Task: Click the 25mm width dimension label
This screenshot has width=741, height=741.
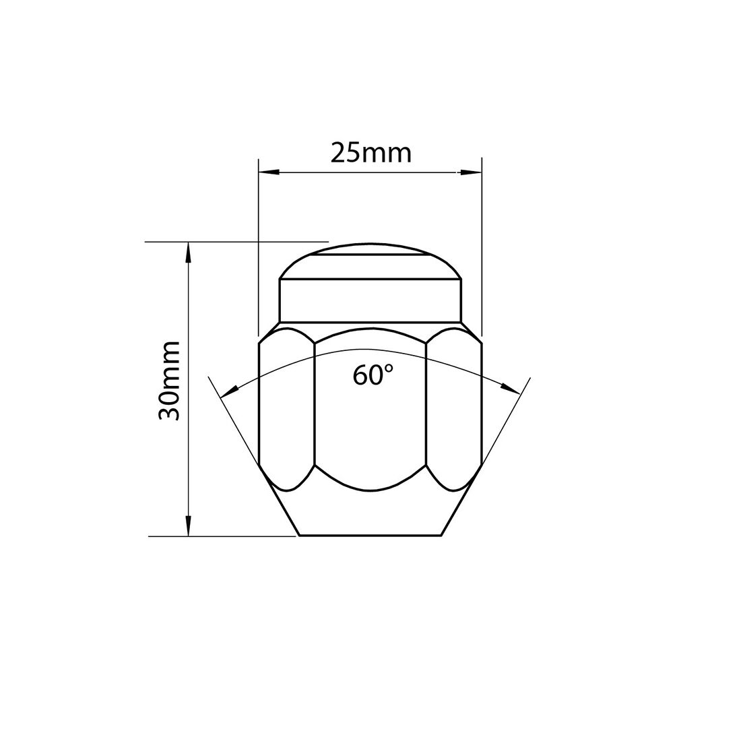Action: [370, 154]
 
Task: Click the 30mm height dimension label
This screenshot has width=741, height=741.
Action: [169, 381]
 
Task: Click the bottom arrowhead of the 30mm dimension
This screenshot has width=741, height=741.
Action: [189, 526]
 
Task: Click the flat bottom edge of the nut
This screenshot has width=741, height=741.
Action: [370, 536]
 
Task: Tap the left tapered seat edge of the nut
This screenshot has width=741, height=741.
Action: [278, 498]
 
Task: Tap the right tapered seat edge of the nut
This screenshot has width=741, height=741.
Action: [463, 498]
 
